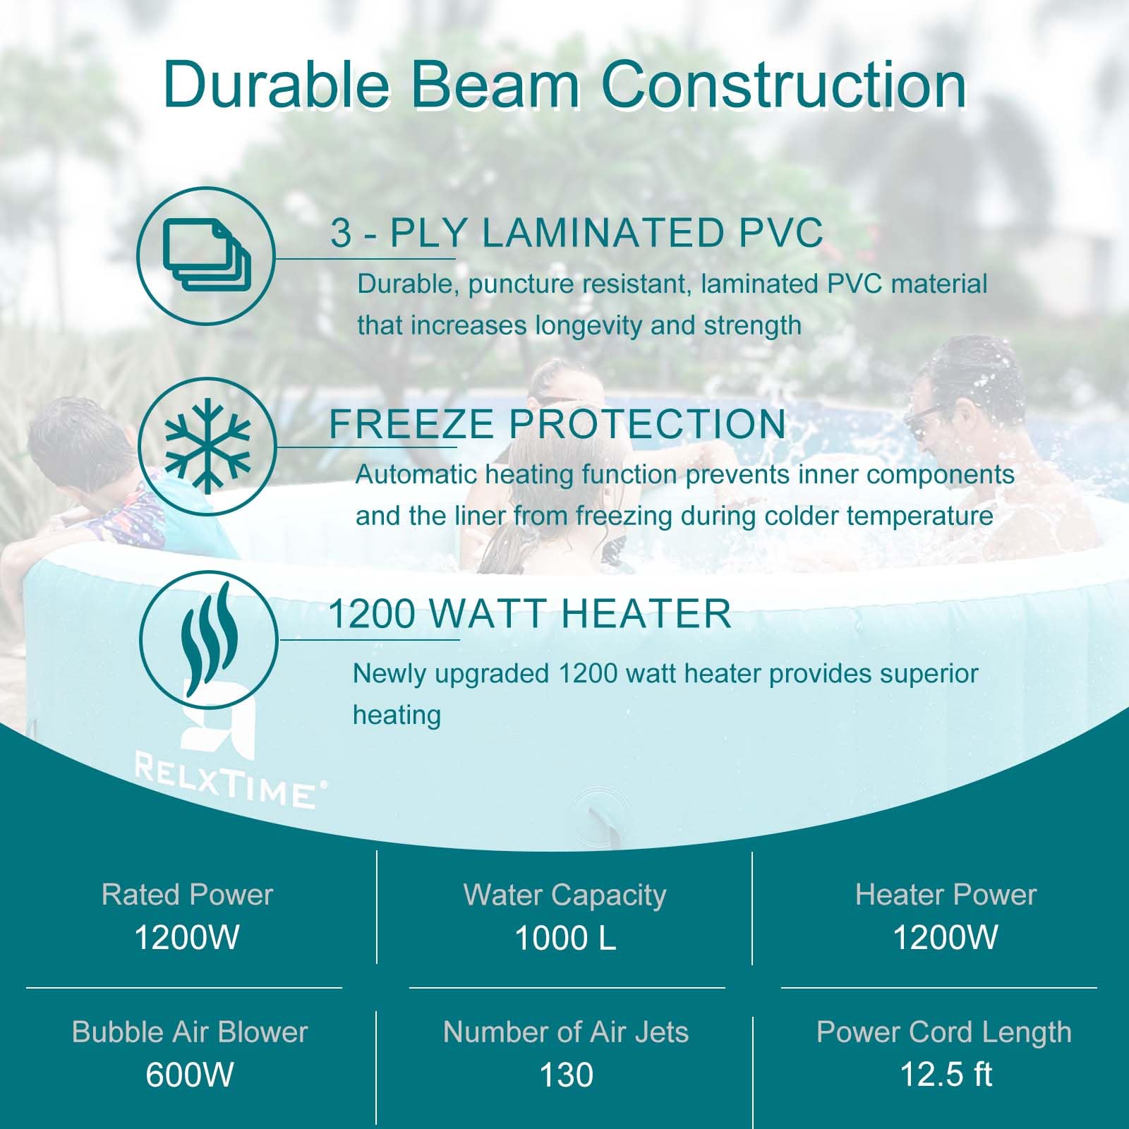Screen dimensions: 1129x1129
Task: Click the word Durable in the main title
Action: coord(276,85)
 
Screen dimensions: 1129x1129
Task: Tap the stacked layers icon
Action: coord(206,255)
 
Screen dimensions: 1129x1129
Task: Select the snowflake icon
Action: coord(207,445)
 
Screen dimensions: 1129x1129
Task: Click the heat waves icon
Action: coord(207,639)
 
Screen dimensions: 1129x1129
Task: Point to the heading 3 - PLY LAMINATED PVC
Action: coord(576,233)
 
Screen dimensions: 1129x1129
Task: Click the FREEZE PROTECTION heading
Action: coord(557,423)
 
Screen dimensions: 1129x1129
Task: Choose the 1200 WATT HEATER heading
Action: coord(529,613)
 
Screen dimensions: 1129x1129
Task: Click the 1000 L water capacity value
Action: coord(565,938)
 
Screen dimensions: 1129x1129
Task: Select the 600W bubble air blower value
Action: coord(190,1075)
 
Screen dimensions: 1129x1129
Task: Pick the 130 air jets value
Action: coord(566,1075)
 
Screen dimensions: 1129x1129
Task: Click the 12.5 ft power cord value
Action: coord(946,1075)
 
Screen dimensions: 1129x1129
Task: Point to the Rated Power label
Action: coord(187,895)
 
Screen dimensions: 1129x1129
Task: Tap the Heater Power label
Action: coord(946,895)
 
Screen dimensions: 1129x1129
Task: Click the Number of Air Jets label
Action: coord(566,1032)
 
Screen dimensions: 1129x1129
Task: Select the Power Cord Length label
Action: coord(944,1033)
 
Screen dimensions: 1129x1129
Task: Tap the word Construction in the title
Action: coord(784,85)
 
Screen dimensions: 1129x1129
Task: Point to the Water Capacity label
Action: coord(565,895)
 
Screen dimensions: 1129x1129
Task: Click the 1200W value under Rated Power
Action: coord(187,938)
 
